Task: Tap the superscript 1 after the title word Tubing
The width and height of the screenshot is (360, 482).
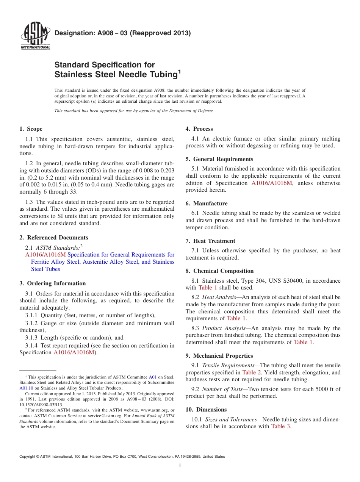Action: tap(179, 72)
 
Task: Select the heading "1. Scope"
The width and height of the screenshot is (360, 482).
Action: tap(31, 129)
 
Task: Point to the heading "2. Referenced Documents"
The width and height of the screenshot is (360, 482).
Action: tap(53, 238)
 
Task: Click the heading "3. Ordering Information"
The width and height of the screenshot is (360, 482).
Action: tap(52, 283)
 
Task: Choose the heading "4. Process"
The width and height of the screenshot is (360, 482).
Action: tap(199, 129)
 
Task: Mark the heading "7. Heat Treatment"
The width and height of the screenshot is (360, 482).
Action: tap(210, 241)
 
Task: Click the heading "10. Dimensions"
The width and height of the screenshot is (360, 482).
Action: tap(206, 410)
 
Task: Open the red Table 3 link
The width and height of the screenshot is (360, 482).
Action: tap(281, 426)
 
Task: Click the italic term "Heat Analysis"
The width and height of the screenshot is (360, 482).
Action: tap(219, 297)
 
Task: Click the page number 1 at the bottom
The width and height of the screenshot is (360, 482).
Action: tap(180, 466)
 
